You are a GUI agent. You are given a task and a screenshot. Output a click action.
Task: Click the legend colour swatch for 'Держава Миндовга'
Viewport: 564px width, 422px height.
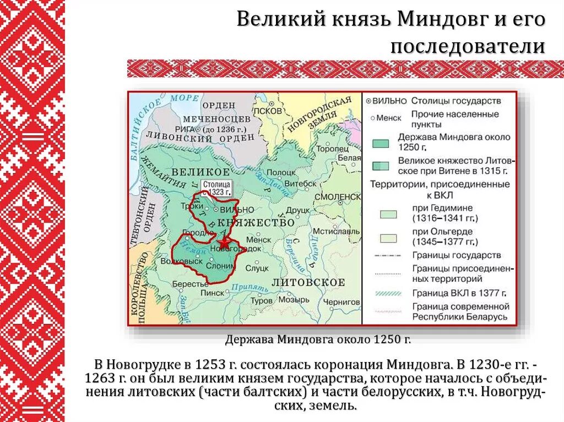click(380, 143)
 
